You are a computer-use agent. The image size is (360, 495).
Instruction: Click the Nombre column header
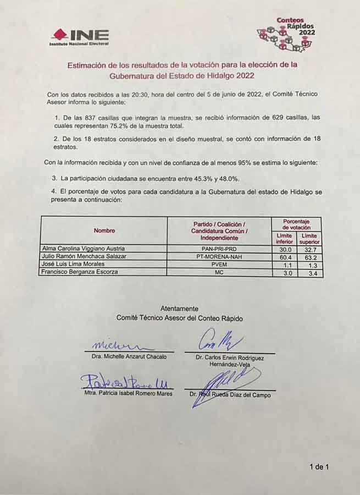[x=104, y=230]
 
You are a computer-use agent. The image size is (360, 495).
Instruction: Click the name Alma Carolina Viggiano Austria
[x=84, y=249]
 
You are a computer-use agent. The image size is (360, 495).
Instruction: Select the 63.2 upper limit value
[x=309, y=256]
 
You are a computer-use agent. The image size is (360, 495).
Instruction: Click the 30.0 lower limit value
[x=284, y=249]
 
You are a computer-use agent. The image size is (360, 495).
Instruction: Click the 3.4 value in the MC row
[x=309, y=272]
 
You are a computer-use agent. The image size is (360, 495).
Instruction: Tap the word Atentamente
[x=179, y=309]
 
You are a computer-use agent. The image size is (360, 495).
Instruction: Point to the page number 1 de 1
[x=319, y=468]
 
